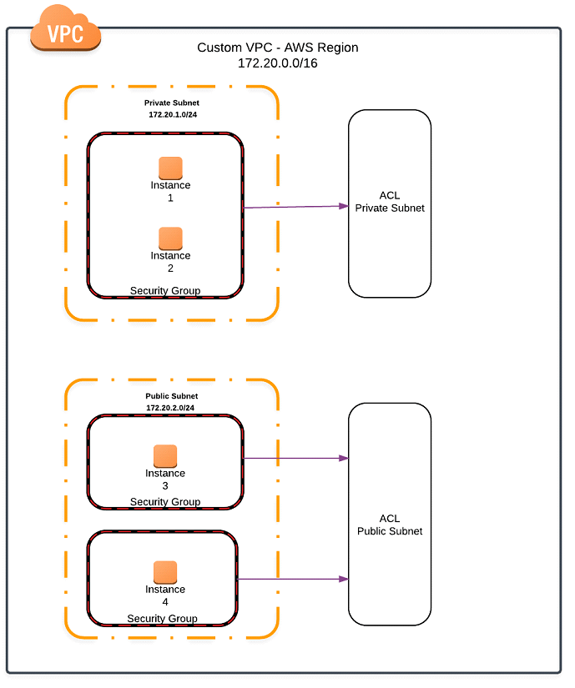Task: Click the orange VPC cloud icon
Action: point(65,32)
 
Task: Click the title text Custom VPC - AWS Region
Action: point(277,48)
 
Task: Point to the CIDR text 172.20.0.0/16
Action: point(277,63)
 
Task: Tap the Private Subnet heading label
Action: point(171,103)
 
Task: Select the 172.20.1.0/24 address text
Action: point(171,114)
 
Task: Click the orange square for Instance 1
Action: point(170,168)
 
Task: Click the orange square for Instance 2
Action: point(170,238)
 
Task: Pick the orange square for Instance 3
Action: point(165,455)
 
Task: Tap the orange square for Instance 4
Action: point(165,571)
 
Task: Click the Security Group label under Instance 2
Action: point(165,290)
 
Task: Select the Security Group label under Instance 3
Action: point(165,502)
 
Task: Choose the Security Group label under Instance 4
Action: point(162,618)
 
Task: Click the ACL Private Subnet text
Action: point(390,202)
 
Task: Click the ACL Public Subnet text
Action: point(390,525)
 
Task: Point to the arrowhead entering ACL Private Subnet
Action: point(343,206)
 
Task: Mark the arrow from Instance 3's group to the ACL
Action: point(295,458)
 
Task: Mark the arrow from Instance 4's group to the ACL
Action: point(293,578)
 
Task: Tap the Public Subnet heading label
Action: point(171,396)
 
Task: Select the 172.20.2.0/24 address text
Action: point(170,408)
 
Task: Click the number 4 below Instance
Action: point(165,601)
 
